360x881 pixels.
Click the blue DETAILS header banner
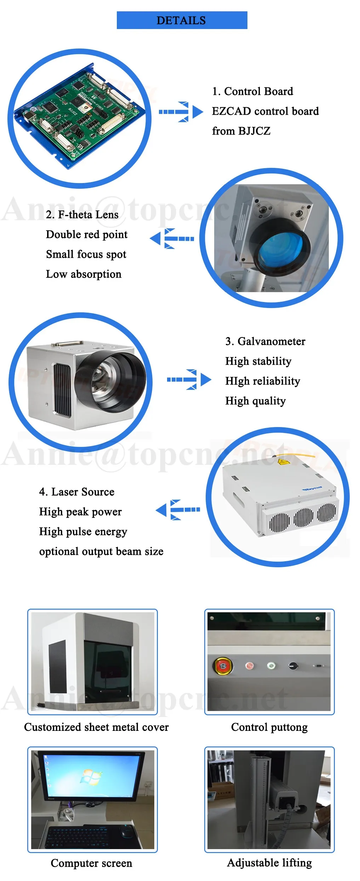(x=182, y=20)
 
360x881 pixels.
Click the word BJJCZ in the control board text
(x=254, y=131)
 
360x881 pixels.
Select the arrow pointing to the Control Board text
(x=181, y=112)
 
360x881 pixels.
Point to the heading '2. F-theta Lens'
(x=82, y=215)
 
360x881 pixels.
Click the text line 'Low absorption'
(x=84, y=274)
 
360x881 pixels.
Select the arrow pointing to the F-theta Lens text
(x=172, y=239)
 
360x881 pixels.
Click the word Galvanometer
(x=271, y=341)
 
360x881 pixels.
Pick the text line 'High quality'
(x=255, y=401)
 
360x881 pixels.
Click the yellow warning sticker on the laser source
(x=282, y=462)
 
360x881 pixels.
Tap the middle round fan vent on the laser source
(x=303, y=517)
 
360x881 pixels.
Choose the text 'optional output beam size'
(x=101, y=551)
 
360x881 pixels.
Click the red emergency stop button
(x=223, y=666)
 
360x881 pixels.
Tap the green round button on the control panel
(x=271, y=666)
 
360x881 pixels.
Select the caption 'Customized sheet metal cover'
(x=96, y=727)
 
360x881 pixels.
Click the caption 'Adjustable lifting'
(x=269, y=863)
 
